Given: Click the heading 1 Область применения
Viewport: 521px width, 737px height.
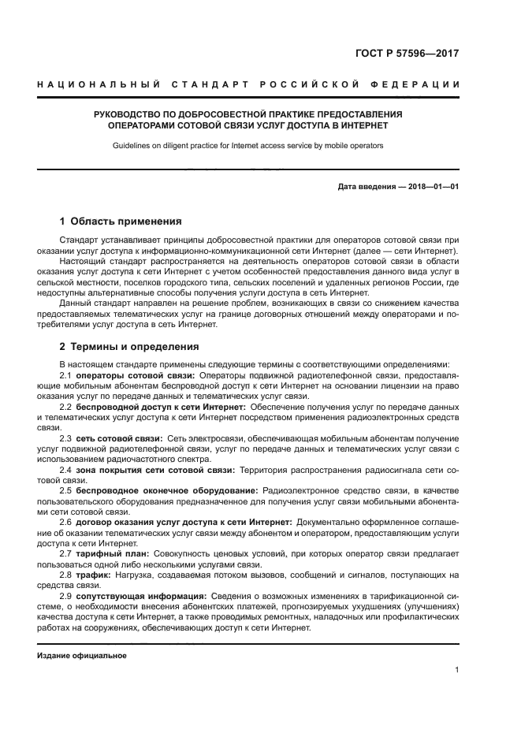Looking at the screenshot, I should pos(121,221).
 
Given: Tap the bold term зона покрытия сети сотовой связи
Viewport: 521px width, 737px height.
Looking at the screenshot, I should pos(156,469).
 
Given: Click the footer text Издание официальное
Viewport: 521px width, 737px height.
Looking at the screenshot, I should pos(82,656).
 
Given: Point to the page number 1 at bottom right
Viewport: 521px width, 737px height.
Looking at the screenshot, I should pos(457,670).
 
